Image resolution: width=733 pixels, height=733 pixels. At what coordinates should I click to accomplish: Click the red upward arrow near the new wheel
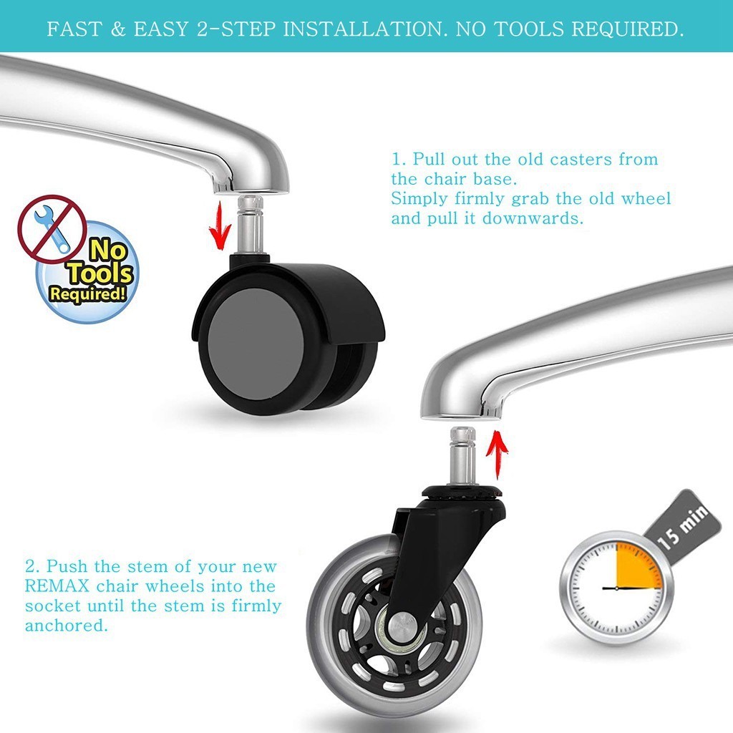[x=497, y=454]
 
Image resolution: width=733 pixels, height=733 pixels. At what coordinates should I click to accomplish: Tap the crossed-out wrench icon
[x=52, y=229]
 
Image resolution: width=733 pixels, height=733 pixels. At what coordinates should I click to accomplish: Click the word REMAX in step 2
[x=57, y=586]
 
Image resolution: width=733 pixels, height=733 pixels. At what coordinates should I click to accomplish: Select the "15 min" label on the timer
[x=683, y=526]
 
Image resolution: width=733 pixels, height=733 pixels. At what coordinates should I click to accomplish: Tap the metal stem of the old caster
[x=251, y=225]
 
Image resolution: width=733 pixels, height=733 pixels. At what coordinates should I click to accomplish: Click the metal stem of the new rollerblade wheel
[x=463, y=456]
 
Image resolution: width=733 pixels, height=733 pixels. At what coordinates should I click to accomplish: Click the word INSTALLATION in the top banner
[x=363, y=29]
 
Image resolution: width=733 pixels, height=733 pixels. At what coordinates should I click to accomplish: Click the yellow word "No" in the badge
[x=108, y=250]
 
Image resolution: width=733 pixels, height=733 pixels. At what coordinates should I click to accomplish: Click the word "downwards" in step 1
[x=533, y=218]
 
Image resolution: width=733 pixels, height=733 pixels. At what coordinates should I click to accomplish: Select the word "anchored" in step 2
[x=66, y=626]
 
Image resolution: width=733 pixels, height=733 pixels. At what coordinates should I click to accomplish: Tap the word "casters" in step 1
[x=580, y=160]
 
